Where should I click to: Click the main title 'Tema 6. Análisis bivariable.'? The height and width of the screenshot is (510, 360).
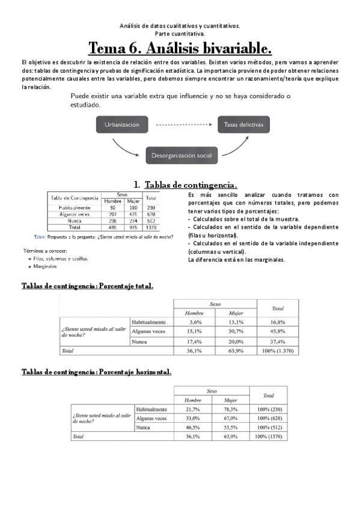pos(180,48)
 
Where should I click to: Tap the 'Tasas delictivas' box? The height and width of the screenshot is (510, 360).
pos(243,125)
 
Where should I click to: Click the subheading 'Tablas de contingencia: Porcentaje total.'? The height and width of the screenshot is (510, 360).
pos(87,286)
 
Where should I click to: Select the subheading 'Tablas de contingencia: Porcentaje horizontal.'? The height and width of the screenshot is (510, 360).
pos(96,372)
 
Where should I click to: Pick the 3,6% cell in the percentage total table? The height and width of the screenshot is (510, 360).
pos(194,322)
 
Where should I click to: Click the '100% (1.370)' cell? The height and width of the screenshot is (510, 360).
pos(278,350)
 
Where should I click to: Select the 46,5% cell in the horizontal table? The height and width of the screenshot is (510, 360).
pos(193,427)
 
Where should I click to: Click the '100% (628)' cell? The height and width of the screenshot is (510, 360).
pos(269,418)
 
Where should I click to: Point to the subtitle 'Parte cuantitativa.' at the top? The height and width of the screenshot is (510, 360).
pos(180,34)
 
